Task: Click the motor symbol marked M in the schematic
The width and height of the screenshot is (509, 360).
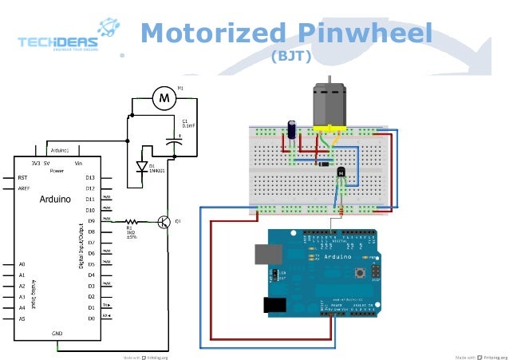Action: pos(165,97)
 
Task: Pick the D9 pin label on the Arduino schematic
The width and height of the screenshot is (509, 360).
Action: pos(90,221)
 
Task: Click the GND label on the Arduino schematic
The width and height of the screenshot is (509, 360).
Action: pos(57,333)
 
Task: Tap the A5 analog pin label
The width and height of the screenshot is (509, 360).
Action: pos(22,318)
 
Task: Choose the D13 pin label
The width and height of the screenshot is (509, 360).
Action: pos(90,177)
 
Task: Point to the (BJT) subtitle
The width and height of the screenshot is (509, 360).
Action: pos(290,57)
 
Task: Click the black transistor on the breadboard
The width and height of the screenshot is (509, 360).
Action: pos(341,172)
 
